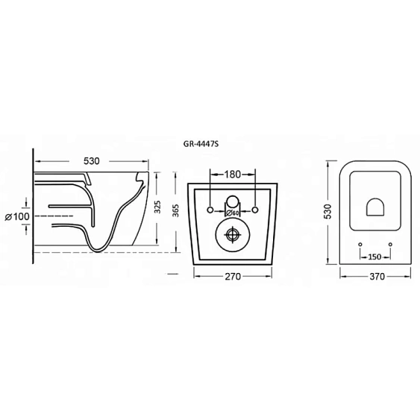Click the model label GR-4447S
[201, 144]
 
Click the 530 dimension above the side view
[92, 161]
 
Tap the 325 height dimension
[158, 207]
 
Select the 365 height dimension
[176, 210]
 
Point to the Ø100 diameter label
[17, 216]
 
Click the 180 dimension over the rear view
[233, 175]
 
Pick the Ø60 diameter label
[233, 213]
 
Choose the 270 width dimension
[233, 276]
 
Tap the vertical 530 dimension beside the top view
[327, 211]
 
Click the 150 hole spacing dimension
[374, 257]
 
